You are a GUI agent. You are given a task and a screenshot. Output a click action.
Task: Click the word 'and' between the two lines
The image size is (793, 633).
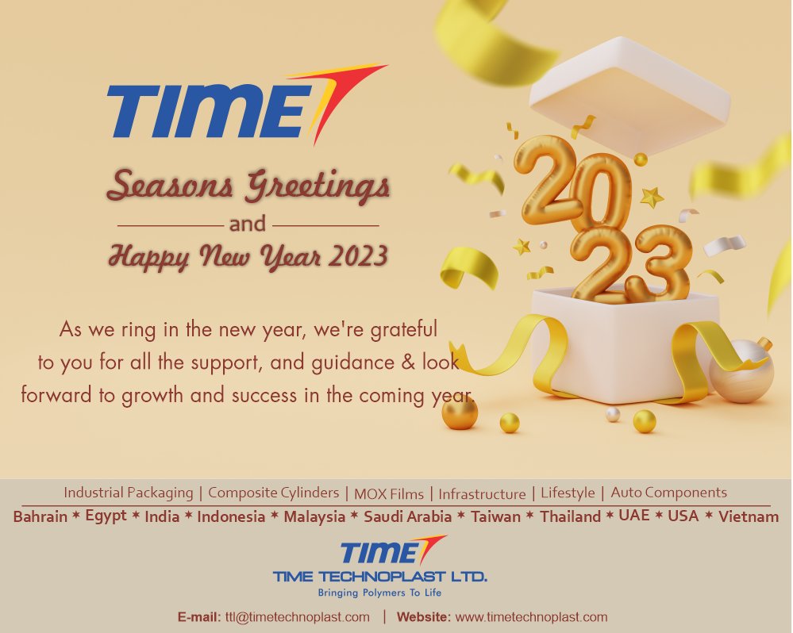[x=247, y=224]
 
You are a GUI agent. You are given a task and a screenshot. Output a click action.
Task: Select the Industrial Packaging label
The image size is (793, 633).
[x=128, y=493]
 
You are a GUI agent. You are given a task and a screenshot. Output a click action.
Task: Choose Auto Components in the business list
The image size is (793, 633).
[x=668, y=493]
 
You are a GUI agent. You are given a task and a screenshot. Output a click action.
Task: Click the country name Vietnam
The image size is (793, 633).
[x=748, y=517]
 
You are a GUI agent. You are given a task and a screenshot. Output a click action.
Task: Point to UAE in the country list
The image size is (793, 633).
[x=633, y=516]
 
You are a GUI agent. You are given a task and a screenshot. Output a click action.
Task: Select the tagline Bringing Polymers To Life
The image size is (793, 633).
[x=379, y=593]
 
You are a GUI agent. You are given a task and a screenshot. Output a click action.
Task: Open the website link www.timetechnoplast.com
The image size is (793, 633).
[x=531, y=617]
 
